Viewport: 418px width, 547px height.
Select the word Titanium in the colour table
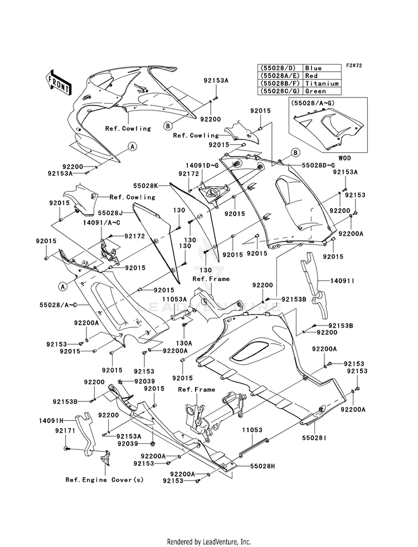click(322, 84)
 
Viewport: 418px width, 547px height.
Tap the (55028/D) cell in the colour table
click(279, 68)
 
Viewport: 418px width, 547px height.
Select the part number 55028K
click(146, 186)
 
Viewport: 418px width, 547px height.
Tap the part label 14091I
click(342, 280)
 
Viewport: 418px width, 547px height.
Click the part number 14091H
click(51, 421)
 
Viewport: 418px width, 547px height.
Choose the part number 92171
click(65, 431)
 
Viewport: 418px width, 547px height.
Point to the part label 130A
click(184, 343)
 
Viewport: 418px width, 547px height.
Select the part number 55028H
click(262, 466)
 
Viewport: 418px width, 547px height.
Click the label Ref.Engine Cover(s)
click(105, 480)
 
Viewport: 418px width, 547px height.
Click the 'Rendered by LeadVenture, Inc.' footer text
click(209, 542)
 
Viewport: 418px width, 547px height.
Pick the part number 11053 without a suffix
click(252, 430)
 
